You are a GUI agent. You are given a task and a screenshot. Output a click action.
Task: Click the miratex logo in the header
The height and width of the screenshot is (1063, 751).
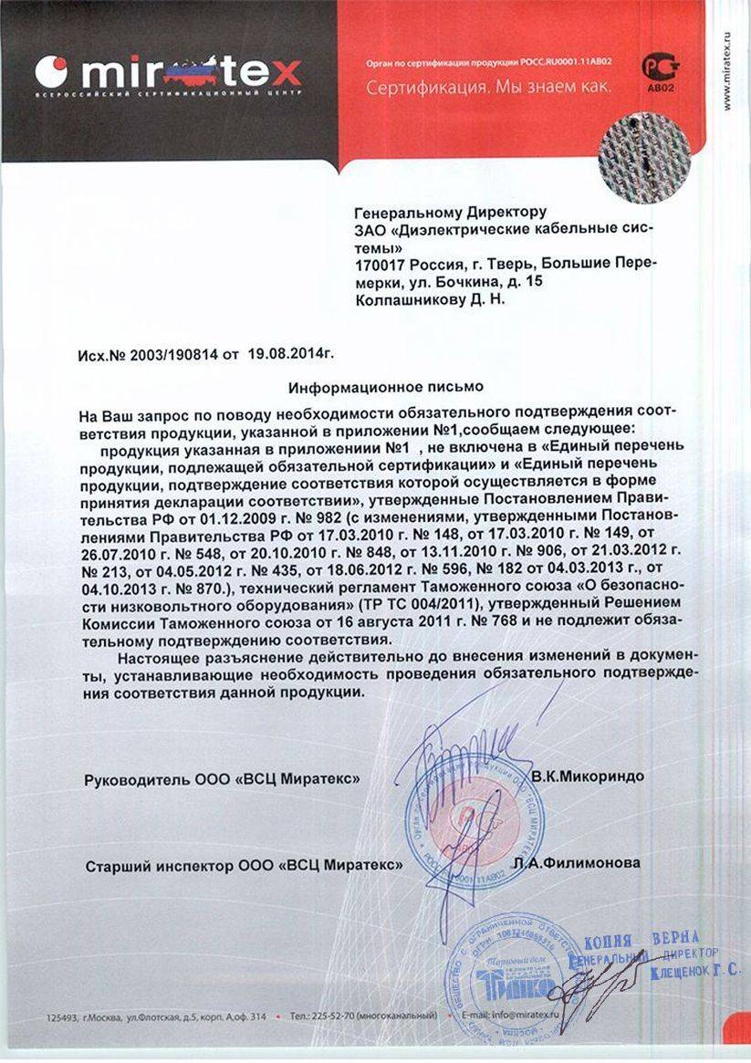pyautogui.click(x=168, y=70)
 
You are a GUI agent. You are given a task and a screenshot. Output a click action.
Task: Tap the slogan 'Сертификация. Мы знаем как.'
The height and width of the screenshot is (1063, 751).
pyautogui.click(x=487, y=89)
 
